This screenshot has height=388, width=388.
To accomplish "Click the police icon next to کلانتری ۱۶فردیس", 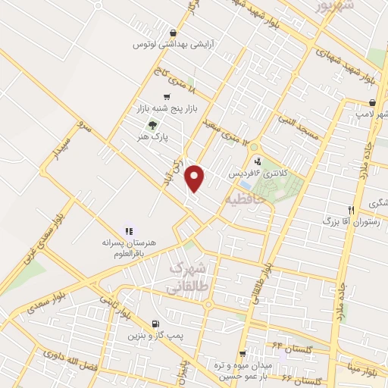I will pyautogui.click(x=258, y=161).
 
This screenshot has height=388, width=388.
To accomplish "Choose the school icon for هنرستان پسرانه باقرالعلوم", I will pyautogui.click(x=128, y=230).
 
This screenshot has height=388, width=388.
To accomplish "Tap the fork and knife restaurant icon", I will pyautogui.click(x=350, y=210).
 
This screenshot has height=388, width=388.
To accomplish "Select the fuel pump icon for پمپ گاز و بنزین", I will pyautogui.click(x=156, y=323).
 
